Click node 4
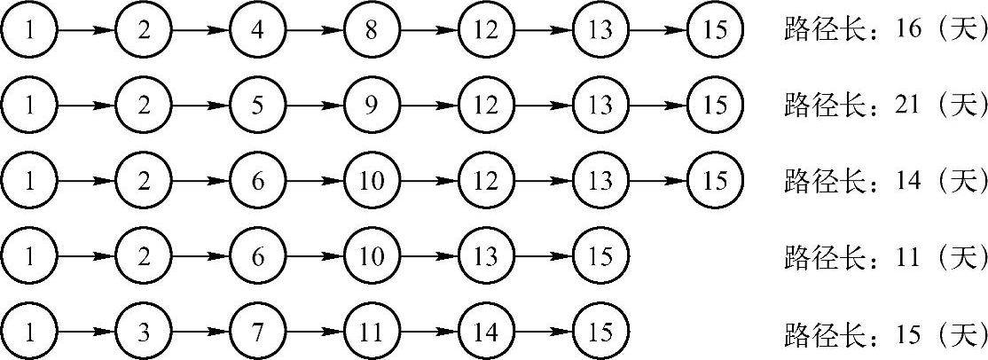[x=257, y=29]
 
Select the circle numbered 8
[x=372, y=29]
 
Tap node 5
[x=257, y=106]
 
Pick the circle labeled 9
[x=372, y=106]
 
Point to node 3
[x=143, y=333]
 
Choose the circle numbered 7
[x=257, y=333]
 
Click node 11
[x=372, y=333]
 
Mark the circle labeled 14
[x=486, y=333]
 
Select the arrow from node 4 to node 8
[x=314, y=29]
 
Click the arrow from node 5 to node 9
[x=314, y=106]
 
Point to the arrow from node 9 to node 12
[x=428, y=106]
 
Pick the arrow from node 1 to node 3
[x=85, y=333]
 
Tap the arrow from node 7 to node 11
[x=314, y=333]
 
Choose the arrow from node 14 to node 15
[x=543, y=333]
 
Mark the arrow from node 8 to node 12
[x=428, y=29]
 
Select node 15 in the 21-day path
[x=715, y=106]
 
